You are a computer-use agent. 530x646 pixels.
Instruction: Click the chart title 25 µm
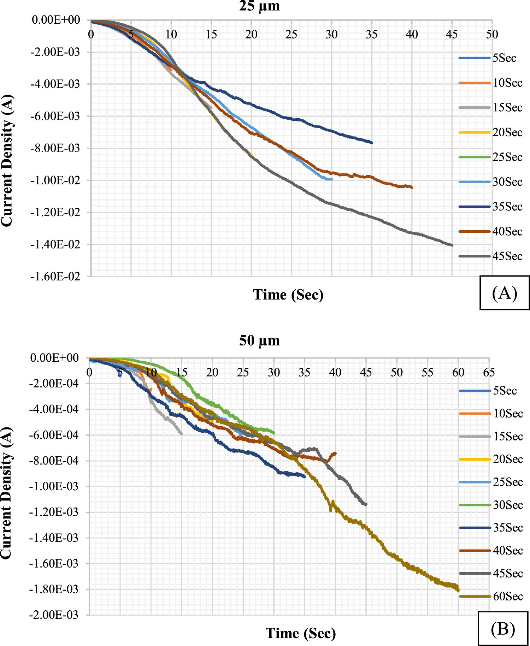(259, 6)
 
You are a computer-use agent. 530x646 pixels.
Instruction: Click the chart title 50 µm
(259, 341)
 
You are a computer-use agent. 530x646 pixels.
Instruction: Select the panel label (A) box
(504, 293)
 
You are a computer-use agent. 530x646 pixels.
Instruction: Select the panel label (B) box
(503, 629)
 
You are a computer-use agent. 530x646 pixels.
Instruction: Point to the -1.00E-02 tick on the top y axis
(55, 180)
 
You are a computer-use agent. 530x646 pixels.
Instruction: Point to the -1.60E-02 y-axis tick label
(55, 277)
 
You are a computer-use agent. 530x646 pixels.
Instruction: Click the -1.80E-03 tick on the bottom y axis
(54, 589)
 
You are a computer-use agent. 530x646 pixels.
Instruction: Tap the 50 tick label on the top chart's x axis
(492, 34)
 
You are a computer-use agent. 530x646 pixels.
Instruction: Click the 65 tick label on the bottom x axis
(489, 372)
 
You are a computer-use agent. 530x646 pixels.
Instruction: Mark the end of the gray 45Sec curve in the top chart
(452, 245)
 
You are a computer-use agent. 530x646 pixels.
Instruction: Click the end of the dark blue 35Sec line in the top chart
(372, 143)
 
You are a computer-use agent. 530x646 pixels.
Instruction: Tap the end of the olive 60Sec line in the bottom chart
(458, 590)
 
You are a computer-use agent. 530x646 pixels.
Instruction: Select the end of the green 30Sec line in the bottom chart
(274, 433)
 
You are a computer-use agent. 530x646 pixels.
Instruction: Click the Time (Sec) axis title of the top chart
(288, 295)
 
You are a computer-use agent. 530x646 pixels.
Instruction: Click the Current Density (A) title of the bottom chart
(6, 493)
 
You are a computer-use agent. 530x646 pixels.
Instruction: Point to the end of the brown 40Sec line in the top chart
(412, 188)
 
